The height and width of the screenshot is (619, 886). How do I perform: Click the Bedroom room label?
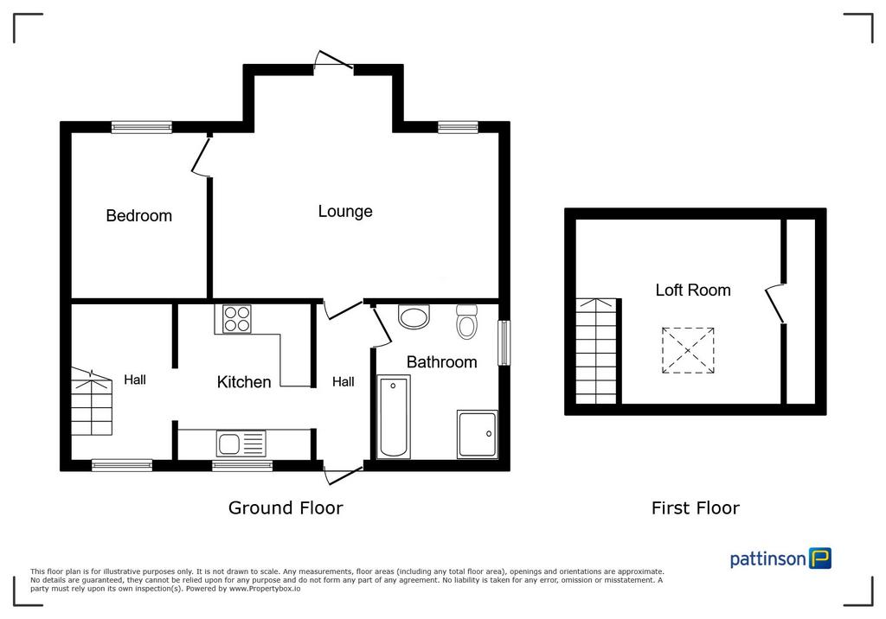point(139,216)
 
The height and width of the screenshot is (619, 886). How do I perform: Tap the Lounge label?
point(345,211)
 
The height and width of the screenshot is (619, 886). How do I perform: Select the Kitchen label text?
point(244,382)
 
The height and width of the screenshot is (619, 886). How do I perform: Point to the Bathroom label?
point(442,362)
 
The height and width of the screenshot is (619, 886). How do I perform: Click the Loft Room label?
point(693,290)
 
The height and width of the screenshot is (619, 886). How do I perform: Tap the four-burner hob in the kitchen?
point(237,318)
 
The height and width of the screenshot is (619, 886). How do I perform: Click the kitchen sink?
point(241,444)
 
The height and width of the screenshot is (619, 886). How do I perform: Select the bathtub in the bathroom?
point(394,417)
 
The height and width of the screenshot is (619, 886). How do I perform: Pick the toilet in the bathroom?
point(466,322)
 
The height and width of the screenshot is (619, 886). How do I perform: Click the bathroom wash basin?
point(414,316)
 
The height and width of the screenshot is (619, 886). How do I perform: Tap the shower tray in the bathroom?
point(478,434)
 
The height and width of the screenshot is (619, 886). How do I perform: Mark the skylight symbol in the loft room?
point(688,351)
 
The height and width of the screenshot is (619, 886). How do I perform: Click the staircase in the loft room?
point(597,351)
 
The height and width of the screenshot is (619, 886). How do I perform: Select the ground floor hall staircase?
point(92,401)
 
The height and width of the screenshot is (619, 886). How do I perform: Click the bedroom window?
point(141,127)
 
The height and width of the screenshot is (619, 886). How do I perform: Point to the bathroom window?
point(504,343)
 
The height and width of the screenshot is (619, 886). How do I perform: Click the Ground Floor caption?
point(286,508)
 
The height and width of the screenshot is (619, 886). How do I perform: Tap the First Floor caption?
point(696,508)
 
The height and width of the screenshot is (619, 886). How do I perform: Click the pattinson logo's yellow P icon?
point(820,558)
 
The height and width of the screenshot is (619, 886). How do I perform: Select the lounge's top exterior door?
point(334,62)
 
